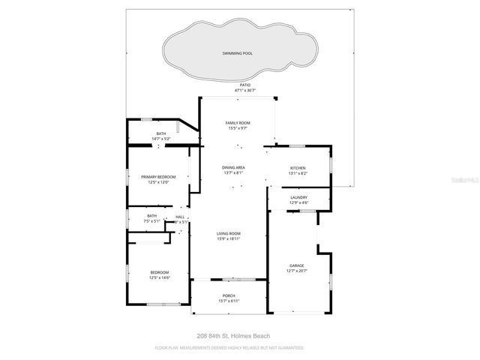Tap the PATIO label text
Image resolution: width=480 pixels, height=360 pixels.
pyautogui.click(x=244, y=85)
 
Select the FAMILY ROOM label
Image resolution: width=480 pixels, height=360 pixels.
pyautogui.click(x=238, y=122)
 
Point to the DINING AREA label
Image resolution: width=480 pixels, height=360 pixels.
pyautogui.click(x=233, y=167)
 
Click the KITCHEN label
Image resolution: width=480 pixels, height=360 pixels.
pyautogui.click(x=298, y=167)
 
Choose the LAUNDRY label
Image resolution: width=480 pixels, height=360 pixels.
pyautogui.click(x=299, y=197)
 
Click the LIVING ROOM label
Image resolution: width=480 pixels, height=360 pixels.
pyautogui.click(x=229, y=233)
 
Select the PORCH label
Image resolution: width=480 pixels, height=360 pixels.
pyautogui.click(x=229, y=295)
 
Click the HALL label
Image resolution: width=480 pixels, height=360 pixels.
pyautogui.click(x=180, y=217)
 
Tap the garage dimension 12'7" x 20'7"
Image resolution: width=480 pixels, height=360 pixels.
pyautogui.click(x=298, y=271)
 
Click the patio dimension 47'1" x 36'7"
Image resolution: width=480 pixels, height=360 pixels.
pyautogui.click(x=244, y=91)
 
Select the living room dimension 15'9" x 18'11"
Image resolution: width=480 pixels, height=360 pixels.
pyautogui.click(x=229, y=239)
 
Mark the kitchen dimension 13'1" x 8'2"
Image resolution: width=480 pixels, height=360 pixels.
pyautogui.click(x=298, y=173)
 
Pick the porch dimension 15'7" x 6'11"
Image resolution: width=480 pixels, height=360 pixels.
pyautogui.click(x=229, y=301)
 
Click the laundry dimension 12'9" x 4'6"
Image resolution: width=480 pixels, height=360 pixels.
pyautogui.click(x=299, y=203)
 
